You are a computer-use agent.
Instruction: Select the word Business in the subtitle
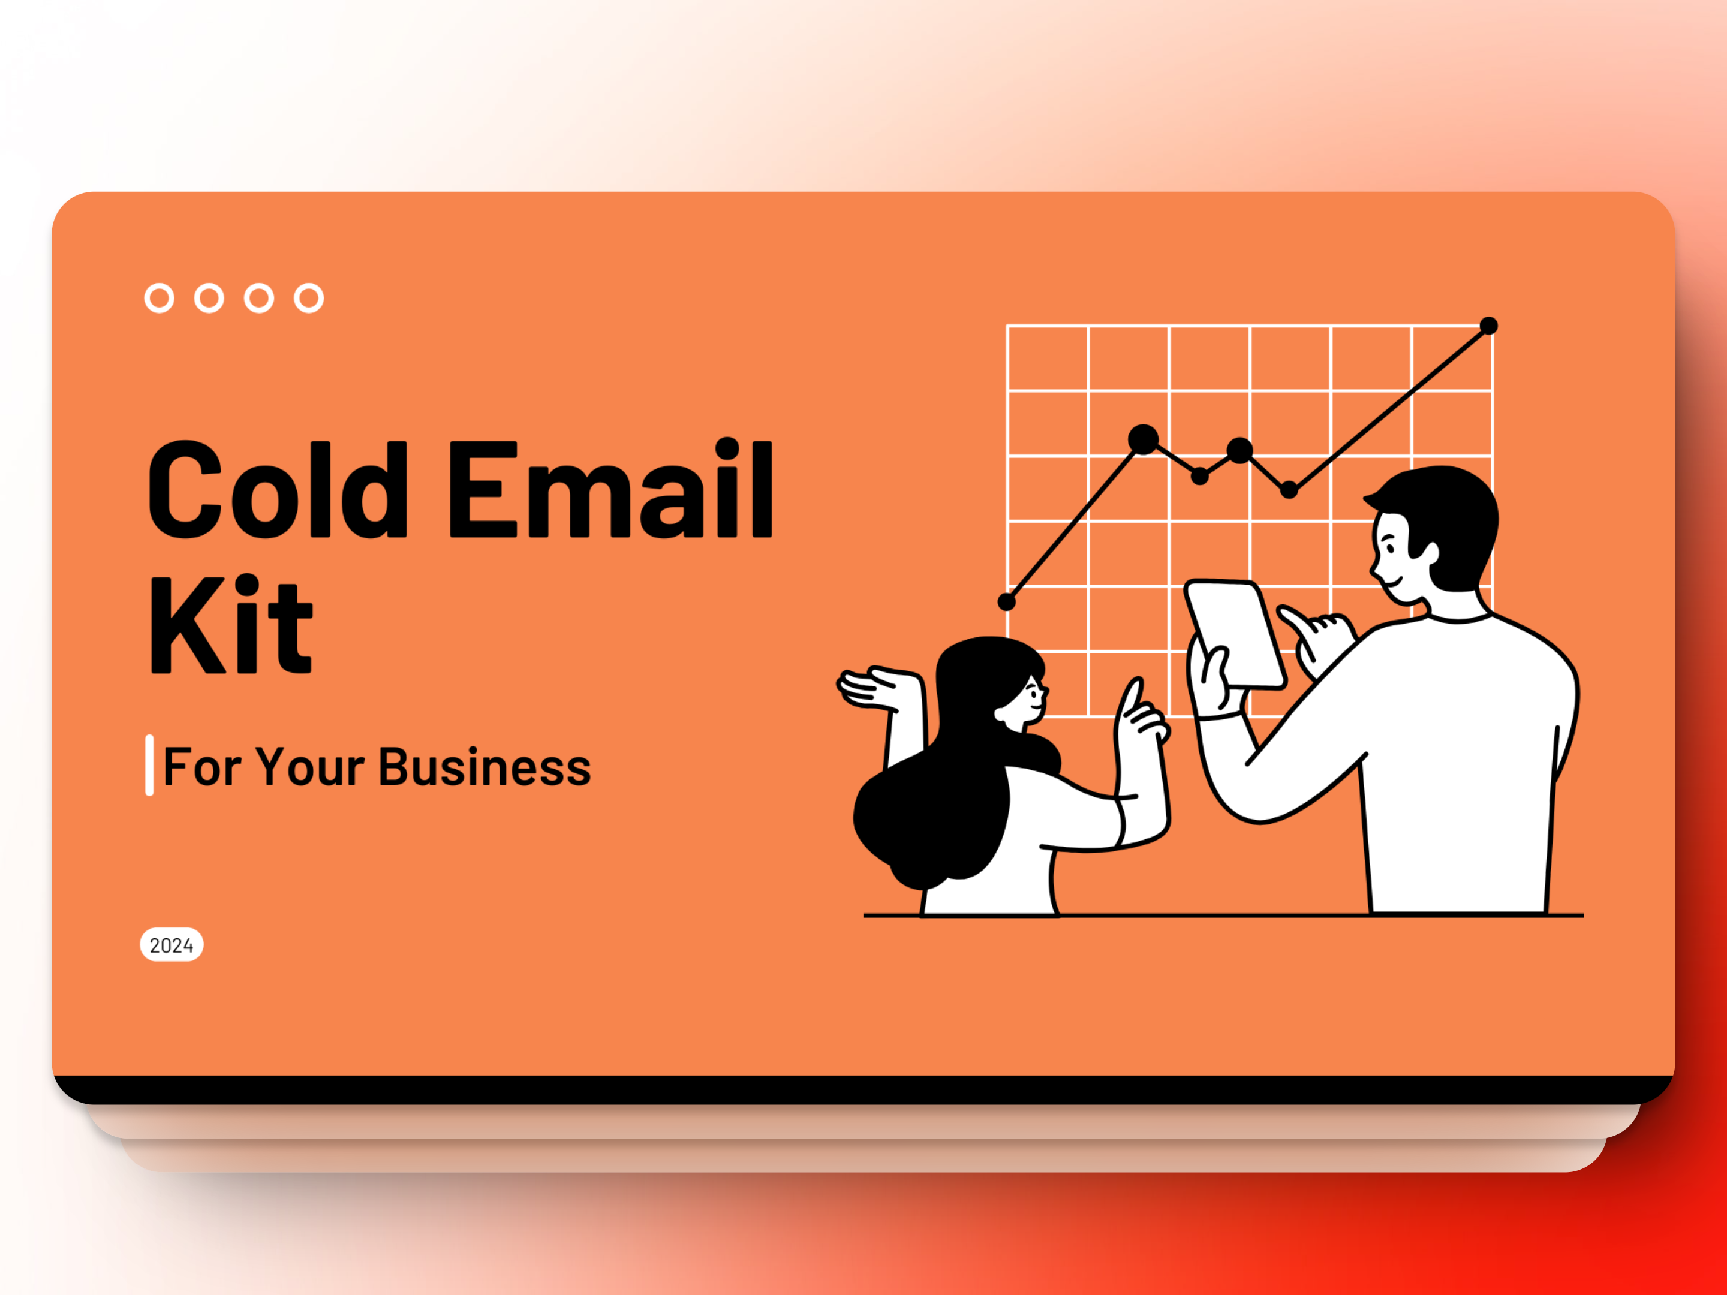484,767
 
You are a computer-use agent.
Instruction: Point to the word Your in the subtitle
310,767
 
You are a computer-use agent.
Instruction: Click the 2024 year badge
172,945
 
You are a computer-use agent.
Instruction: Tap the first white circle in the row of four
160,297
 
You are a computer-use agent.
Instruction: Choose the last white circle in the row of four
309,297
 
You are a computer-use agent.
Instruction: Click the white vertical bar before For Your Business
149,765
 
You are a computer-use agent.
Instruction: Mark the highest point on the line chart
1489,326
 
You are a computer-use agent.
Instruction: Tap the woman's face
1027,698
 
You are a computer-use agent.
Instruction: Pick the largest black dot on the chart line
1143,439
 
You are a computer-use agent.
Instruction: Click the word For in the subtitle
201,767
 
